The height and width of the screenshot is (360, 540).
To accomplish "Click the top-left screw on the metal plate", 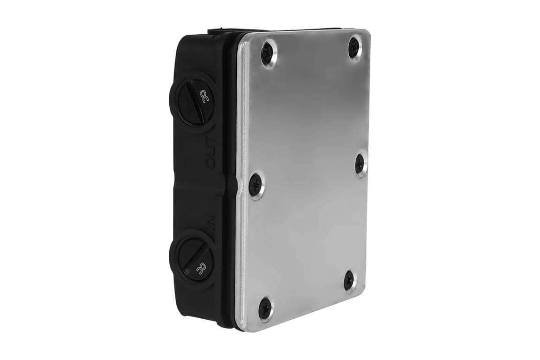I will [268, 53].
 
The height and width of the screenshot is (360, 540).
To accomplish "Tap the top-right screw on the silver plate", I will [355, 47].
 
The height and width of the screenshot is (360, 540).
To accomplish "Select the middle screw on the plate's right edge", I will [360, 164].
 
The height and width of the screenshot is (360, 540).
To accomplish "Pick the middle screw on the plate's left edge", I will [255, 183].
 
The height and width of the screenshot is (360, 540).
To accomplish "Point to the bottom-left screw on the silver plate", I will [265, 308].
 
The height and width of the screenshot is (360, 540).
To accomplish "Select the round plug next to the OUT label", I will [194, 100].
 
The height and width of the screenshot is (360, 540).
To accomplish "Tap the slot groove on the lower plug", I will [192, 256].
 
